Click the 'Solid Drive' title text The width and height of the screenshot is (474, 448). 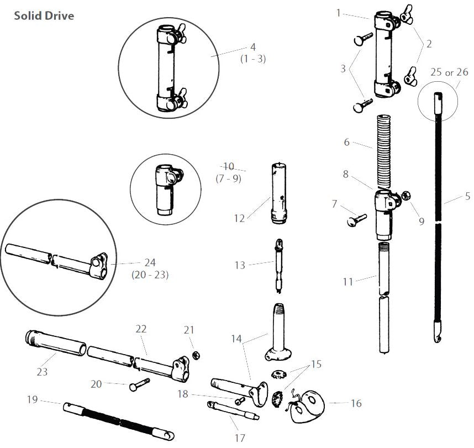44,16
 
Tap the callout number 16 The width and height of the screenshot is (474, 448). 356,404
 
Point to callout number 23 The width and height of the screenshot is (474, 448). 43,372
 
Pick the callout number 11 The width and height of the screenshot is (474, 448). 347,282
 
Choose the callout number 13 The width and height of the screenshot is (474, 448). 239,265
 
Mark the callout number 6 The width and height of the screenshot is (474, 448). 346,142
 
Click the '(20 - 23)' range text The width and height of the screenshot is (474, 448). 150,275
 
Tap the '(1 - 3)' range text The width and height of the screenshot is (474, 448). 253,59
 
